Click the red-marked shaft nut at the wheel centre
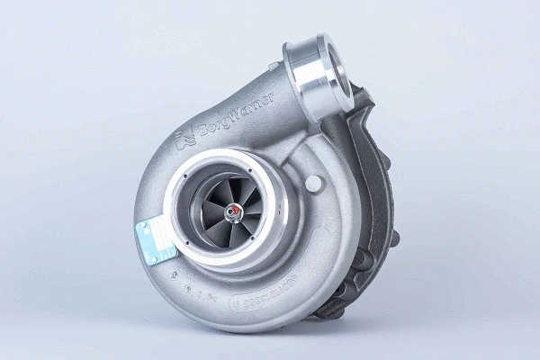click(x=236, y=212)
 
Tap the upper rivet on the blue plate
click(x=148, y=220)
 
